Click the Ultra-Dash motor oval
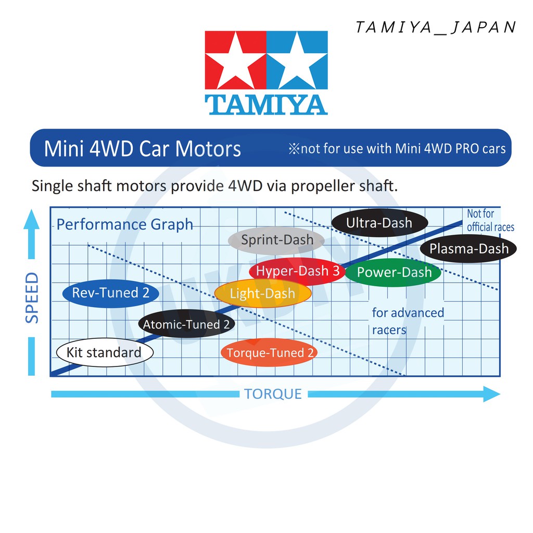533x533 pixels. point(379,223)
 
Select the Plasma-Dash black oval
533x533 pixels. point(468,248)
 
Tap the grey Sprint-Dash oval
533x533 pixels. point(276,240)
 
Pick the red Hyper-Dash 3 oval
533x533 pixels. point(297,271)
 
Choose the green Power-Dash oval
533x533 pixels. point(394,272)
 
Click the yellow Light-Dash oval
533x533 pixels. point(263,294)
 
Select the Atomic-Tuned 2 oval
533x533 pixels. point(186,324)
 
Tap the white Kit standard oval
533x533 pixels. point(105,352)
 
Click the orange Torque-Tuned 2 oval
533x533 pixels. point(269,352)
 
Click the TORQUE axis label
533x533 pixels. point(273,394)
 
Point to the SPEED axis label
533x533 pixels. point(32,298)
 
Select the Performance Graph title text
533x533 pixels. point(125,224)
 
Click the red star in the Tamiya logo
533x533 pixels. point(236,60)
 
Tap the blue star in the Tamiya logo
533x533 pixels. point(297,60)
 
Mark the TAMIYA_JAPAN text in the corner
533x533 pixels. point(436,27)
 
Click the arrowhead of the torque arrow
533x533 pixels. point(491,394)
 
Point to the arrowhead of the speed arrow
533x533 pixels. point(32,219)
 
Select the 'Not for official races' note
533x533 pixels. point(490,220)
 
